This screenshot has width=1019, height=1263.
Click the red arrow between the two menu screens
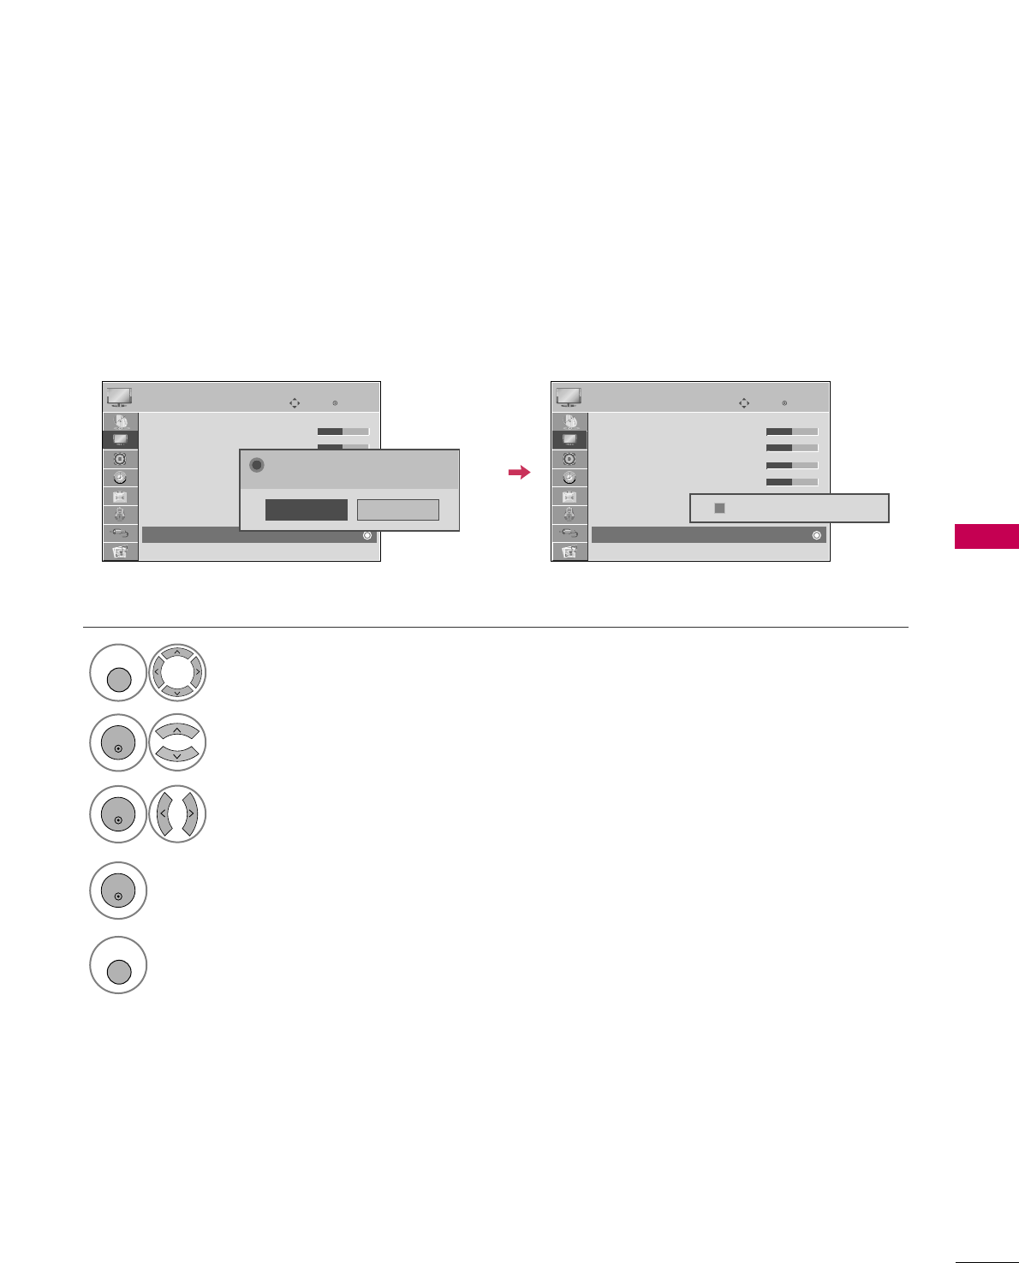point(519,472)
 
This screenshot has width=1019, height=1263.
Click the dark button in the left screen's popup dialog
point(306,509)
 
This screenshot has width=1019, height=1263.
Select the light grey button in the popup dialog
point(397,509)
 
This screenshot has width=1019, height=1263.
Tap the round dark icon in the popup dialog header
point(256,465)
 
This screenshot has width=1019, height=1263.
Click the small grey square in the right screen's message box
point(719,508)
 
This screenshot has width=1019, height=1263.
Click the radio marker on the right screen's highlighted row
point(816,535)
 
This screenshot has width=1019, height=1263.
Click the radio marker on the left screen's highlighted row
point(366,535)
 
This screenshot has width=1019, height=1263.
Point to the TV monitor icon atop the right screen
point(569,397)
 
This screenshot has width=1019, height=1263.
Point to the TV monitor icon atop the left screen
point(119,397)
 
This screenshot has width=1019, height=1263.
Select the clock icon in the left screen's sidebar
point(120,478)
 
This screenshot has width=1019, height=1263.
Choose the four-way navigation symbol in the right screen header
point(743,402)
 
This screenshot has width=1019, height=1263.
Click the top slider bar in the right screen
point(791,432)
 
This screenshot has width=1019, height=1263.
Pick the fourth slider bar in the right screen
point(791,482)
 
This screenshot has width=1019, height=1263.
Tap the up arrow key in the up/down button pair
point(177,730)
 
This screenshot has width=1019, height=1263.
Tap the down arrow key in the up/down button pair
point(177,754)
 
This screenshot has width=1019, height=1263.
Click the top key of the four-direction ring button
point(177,655)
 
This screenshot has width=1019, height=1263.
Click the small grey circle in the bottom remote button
point(118,972)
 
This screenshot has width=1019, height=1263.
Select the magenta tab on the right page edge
point(986,537)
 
